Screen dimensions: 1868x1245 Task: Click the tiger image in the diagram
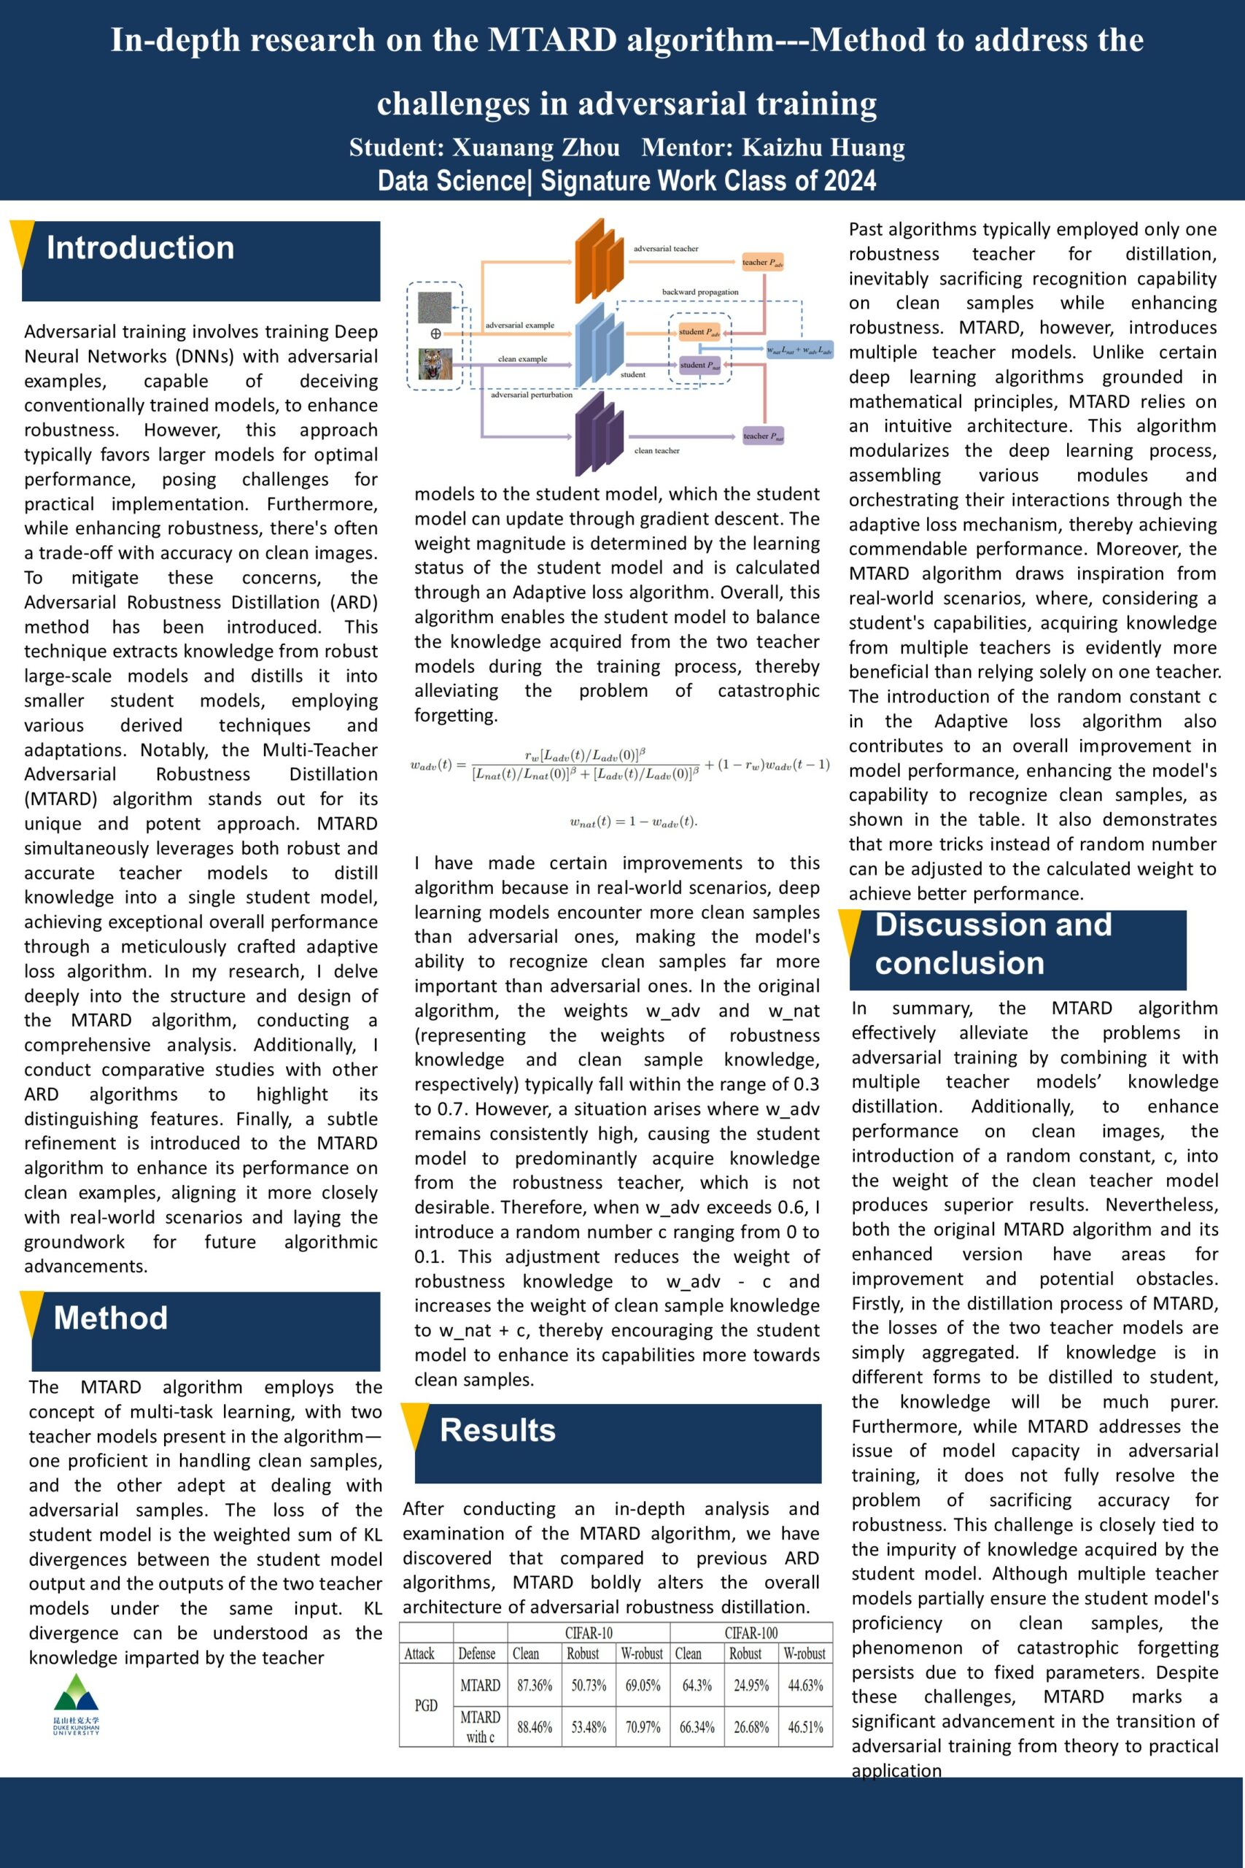pos(435,364)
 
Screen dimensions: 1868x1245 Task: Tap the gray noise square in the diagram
pos(435,306)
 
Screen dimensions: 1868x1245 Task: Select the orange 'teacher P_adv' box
pos(763,262)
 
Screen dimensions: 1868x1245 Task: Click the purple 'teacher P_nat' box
pos(763,436)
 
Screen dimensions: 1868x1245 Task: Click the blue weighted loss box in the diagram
pos(799,350)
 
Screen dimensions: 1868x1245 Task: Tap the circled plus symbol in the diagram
pos(435,334)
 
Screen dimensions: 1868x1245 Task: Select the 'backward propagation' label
pos(699,293)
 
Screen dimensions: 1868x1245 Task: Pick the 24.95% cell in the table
pos(751,1686)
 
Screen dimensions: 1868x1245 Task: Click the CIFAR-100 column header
pos(751,1633)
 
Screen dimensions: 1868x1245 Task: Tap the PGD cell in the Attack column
pos(427,1705)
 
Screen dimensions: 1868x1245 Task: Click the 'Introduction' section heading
pos(141,248)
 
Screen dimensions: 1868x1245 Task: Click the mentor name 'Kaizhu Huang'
pos(823,147)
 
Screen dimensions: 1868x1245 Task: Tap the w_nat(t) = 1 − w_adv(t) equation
pos(633,822)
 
